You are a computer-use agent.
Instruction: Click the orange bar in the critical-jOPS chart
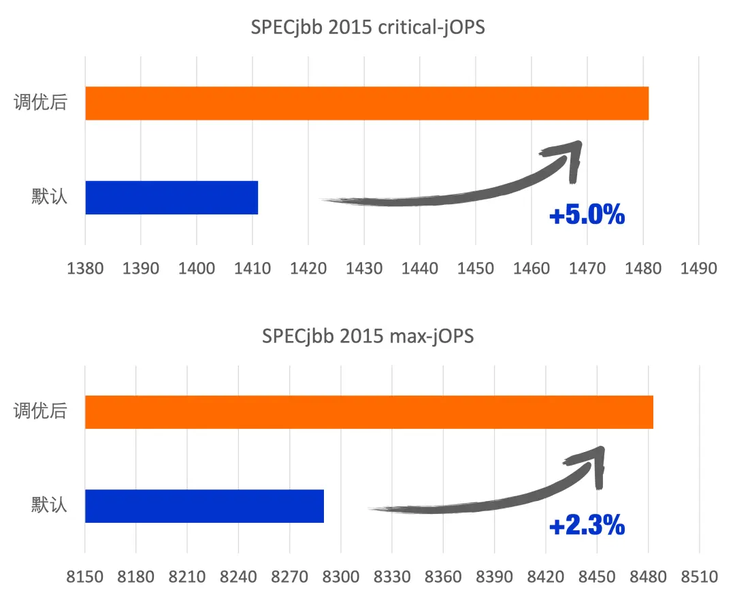point(367,103)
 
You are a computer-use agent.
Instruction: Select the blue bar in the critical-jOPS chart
point(171,197)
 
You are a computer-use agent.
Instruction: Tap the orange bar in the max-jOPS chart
point(369,412)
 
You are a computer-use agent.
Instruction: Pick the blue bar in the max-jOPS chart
point(204,506)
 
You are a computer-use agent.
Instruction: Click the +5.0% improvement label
point(587,216)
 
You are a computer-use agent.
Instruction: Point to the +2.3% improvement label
point(587,525)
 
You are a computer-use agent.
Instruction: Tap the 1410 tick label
point(252,268)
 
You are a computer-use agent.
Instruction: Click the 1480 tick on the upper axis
point(643,268)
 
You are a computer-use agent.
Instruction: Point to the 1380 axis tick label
point(85,268)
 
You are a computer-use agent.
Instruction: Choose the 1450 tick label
point(476,268)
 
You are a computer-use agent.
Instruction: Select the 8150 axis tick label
point(85,577)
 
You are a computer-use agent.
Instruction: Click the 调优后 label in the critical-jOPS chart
point(41,103)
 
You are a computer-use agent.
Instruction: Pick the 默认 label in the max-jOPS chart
point(50,506)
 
